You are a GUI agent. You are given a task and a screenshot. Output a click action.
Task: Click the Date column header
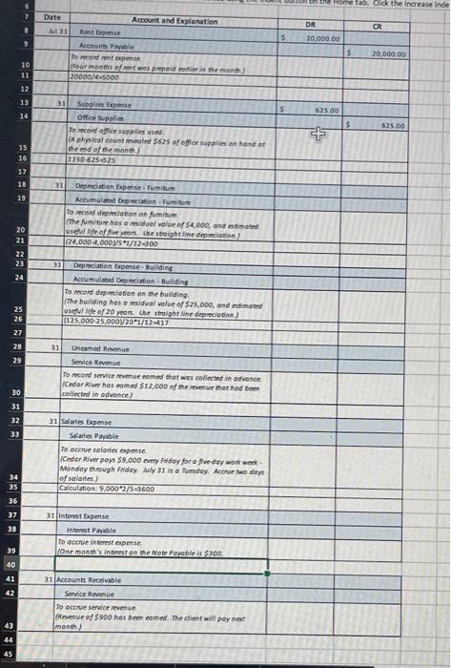pyautogui.click(x=51, y=17)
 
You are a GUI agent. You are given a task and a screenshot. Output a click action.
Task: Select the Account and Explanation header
pyautogui.click(x=174, y=21)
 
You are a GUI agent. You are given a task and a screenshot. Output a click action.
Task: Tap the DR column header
pyautogui.click(x=311, y=22)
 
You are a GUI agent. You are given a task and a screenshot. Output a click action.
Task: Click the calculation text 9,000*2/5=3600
pyautogui.click(x=108, y=488)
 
